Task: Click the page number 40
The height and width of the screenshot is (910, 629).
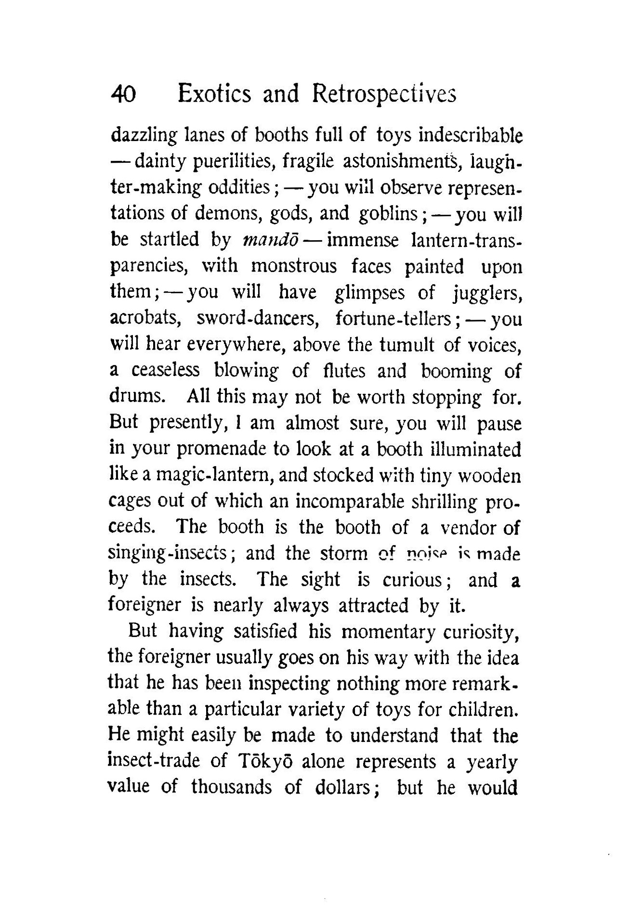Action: pyautogui.click(x=124, y=94)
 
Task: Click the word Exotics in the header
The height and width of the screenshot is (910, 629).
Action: pyautogui.click(x=214, y=93)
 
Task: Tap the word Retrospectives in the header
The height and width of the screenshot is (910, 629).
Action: pyautogui.click(x=383, y=93)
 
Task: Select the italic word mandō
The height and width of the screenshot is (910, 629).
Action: pyautogui.click(x=262, y=240)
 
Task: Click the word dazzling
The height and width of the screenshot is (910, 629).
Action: pyautogui.click(x=144, y=136)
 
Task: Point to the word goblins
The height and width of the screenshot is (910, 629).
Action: pyautogui.click(x=388, y=213)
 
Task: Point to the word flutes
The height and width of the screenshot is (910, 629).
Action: pyautogui.click(x=344, y=371)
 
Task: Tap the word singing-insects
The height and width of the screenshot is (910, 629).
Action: pyautogui.click(x=171, y=553)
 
